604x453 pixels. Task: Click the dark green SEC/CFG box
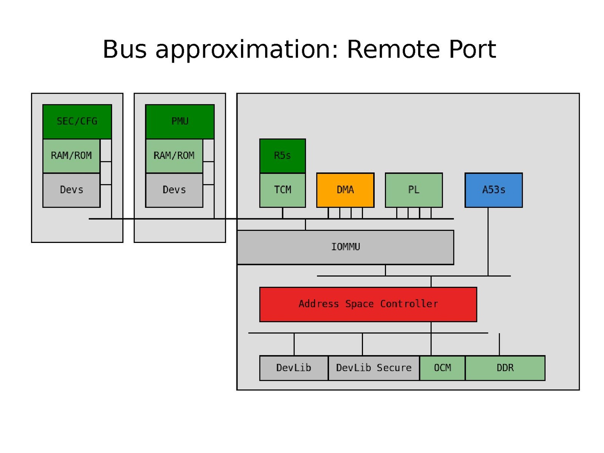click(x=77, y=121)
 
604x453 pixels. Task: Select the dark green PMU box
click(x=180, y=121)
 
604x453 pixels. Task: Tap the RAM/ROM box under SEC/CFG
click(x=71, y=156)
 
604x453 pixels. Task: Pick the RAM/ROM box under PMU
click(x=174, y=156)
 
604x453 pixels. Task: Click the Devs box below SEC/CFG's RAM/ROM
click(x=71, y=190)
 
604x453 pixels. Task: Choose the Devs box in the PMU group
click(x=174, y=190)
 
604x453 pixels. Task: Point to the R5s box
click(x=283, y=156)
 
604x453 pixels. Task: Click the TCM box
click(x=283, y=190)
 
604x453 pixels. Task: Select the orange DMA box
click(x=345, y=190)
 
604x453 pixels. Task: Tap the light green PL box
click(x=414, y=190)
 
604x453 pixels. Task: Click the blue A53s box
click(x=494, y=190)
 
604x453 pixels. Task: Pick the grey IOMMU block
click(x=345, y=247)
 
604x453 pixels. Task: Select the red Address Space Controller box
click(x=368, y=304)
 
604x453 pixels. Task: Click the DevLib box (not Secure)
click(x=294, y=368)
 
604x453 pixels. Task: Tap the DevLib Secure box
click(x=374, y=368)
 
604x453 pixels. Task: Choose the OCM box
click(x=442, y=368)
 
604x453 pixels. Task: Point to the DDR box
click(x=505, y=368)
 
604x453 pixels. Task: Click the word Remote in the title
click(x=393, y=49)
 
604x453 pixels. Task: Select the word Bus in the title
click(x=125, y=49)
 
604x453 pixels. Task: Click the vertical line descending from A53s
click(x=488, y=242)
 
